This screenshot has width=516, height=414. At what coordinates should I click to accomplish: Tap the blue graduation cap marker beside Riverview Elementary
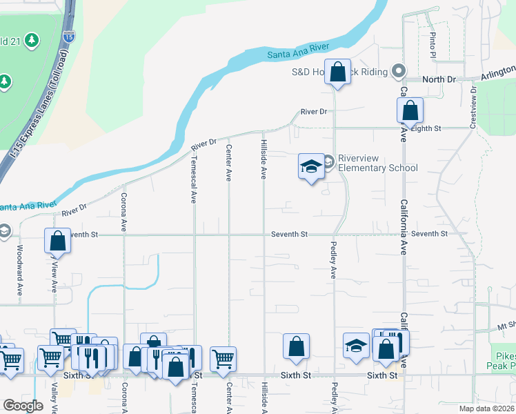(311, 166)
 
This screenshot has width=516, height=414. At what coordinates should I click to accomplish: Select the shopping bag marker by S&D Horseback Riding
(338, 72)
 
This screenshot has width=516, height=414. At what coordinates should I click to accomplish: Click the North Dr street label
(439, 80)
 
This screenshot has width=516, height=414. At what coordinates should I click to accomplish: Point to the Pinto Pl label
(433, 44)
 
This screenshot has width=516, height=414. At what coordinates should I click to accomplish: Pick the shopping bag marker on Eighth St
(410, 110)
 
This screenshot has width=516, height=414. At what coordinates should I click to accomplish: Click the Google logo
(23, 406)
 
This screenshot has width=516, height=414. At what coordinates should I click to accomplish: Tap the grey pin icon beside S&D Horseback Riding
(398, 71)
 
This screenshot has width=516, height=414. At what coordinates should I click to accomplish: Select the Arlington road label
(497, 72)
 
